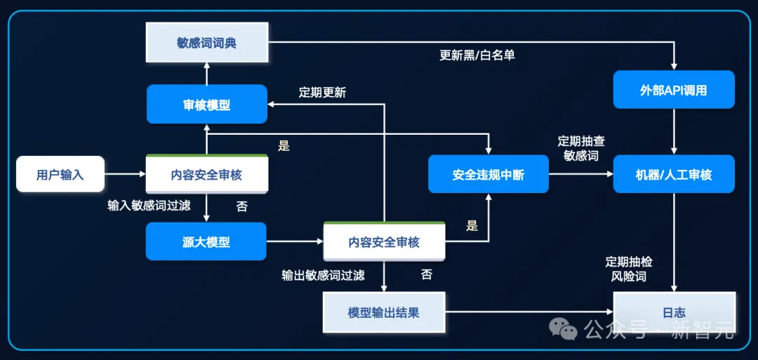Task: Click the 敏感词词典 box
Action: click(x=206, y=44)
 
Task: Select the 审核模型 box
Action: click(x=206, y=105)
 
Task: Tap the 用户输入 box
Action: click(x=60, y=174)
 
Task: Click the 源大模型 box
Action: click(x=206, y=242)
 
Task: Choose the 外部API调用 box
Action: click(x=674, y=90)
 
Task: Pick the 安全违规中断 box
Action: click(x=488, y=174)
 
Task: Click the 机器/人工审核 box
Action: click(x=674, y=174)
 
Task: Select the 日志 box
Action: click(x=674, y=312)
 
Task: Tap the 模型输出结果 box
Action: click(x=384, y=312)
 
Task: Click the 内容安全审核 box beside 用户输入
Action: click(x=206, y=174)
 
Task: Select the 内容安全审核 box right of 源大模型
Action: click(x=384, y=242)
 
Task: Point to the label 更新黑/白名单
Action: click(x=477, y=55)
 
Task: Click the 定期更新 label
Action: click(x=322, y=92)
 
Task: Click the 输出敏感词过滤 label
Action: click(x=323, y=275)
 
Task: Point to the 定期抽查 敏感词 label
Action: click(x=581, y=148)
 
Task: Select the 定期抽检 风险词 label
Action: click(x=629, y=269)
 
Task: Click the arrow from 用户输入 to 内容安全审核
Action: click(x=125, y=174)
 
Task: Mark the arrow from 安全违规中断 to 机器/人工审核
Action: click(x=580, y=174)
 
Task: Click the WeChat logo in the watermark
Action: click(x=563, y=328)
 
